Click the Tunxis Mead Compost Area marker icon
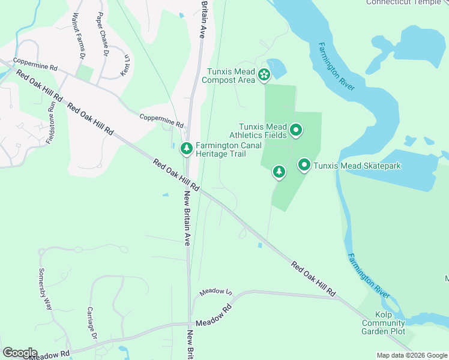point(264,75)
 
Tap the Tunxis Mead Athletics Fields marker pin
point(296,130)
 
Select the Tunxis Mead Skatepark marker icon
point(304,165)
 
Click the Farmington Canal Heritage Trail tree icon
point(187,148)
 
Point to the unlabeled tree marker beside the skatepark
point(279,172)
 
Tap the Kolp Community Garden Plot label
point(383,323)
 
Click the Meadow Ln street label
point(215,292)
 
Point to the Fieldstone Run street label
point(50,124)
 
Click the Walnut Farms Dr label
point(77,35)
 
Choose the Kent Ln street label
point(125,65)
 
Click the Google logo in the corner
point(20,352)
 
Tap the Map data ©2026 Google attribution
point(411,355)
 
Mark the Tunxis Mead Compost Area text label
point(231,76)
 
